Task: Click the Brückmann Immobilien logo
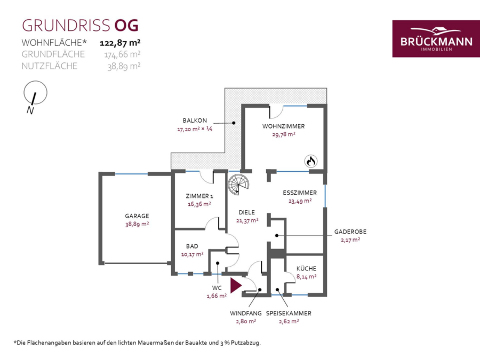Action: pos(436,38)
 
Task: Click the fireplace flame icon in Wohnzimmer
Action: pos(311,161)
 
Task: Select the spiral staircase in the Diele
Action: pos(238,185)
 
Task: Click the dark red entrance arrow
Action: pos(236,286)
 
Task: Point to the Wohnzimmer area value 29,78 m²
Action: pos(284,134)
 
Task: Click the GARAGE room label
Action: pos(137,216)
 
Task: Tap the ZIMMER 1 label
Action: pos(199,196)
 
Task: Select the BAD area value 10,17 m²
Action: pos(192,254)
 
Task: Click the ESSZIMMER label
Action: pos(300,193)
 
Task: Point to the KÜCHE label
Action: pos(306,268)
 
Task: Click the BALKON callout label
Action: pos(195,121)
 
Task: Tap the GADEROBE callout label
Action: pos(350,232)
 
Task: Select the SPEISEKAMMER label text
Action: pos(289,313)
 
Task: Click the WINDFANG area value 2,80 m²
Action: pos(246,322)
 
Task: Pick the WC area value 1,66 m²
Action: pos(217,296)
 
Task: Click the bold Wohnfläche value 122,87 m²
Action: pos(120,43)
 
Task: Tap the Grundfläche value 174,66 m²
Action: pos(123,54)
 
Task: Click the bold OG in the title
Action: pos(126,26)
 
